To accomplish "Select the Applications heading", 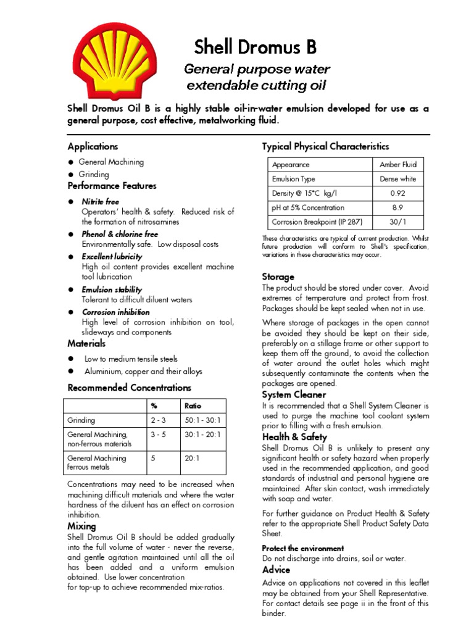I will (93, 146).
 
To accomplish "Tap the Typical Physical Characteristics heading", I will (325, 146).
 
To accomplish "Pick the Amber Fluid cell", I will (398, 165).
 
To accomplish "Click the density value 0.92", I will (398, 193).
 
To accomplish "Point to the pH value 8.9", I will (398, 208).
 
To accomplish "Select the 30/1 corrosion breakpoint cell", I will (398, 222).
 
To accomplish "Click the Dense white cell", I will (398, 179).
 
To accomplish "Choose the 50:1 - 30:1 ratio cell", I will (202, 420).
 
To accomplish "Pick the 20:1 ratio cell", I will (193, 459).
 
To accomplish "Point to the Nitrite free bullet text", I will (101, 202).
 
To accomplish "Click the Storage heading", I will (278, 276).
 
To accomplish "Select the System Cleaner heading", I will (294, 394).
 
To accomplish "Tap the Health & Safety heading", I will (294, 437).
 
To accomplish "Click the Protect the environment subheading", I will (302, 548).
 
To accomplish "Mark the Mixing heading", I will (81, 526).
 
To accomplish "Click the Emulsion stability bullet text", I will (112, 289).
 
